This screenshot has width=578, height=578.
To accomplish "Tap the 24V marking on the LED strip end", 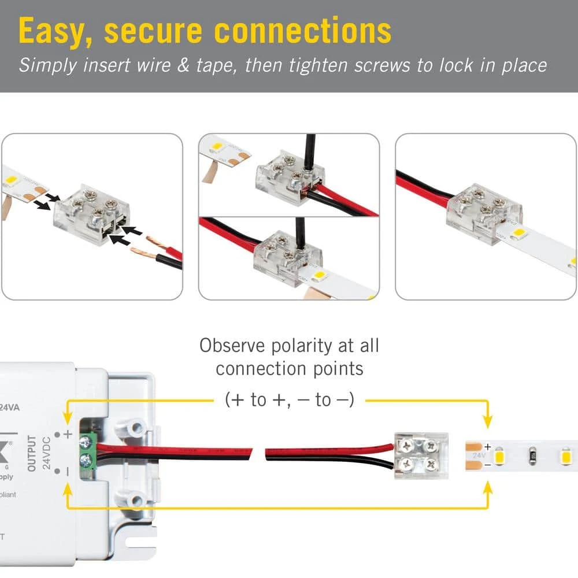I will click(478, 455).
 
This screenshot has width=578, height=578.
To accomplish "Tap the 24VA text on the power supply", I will click(10, 407).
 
